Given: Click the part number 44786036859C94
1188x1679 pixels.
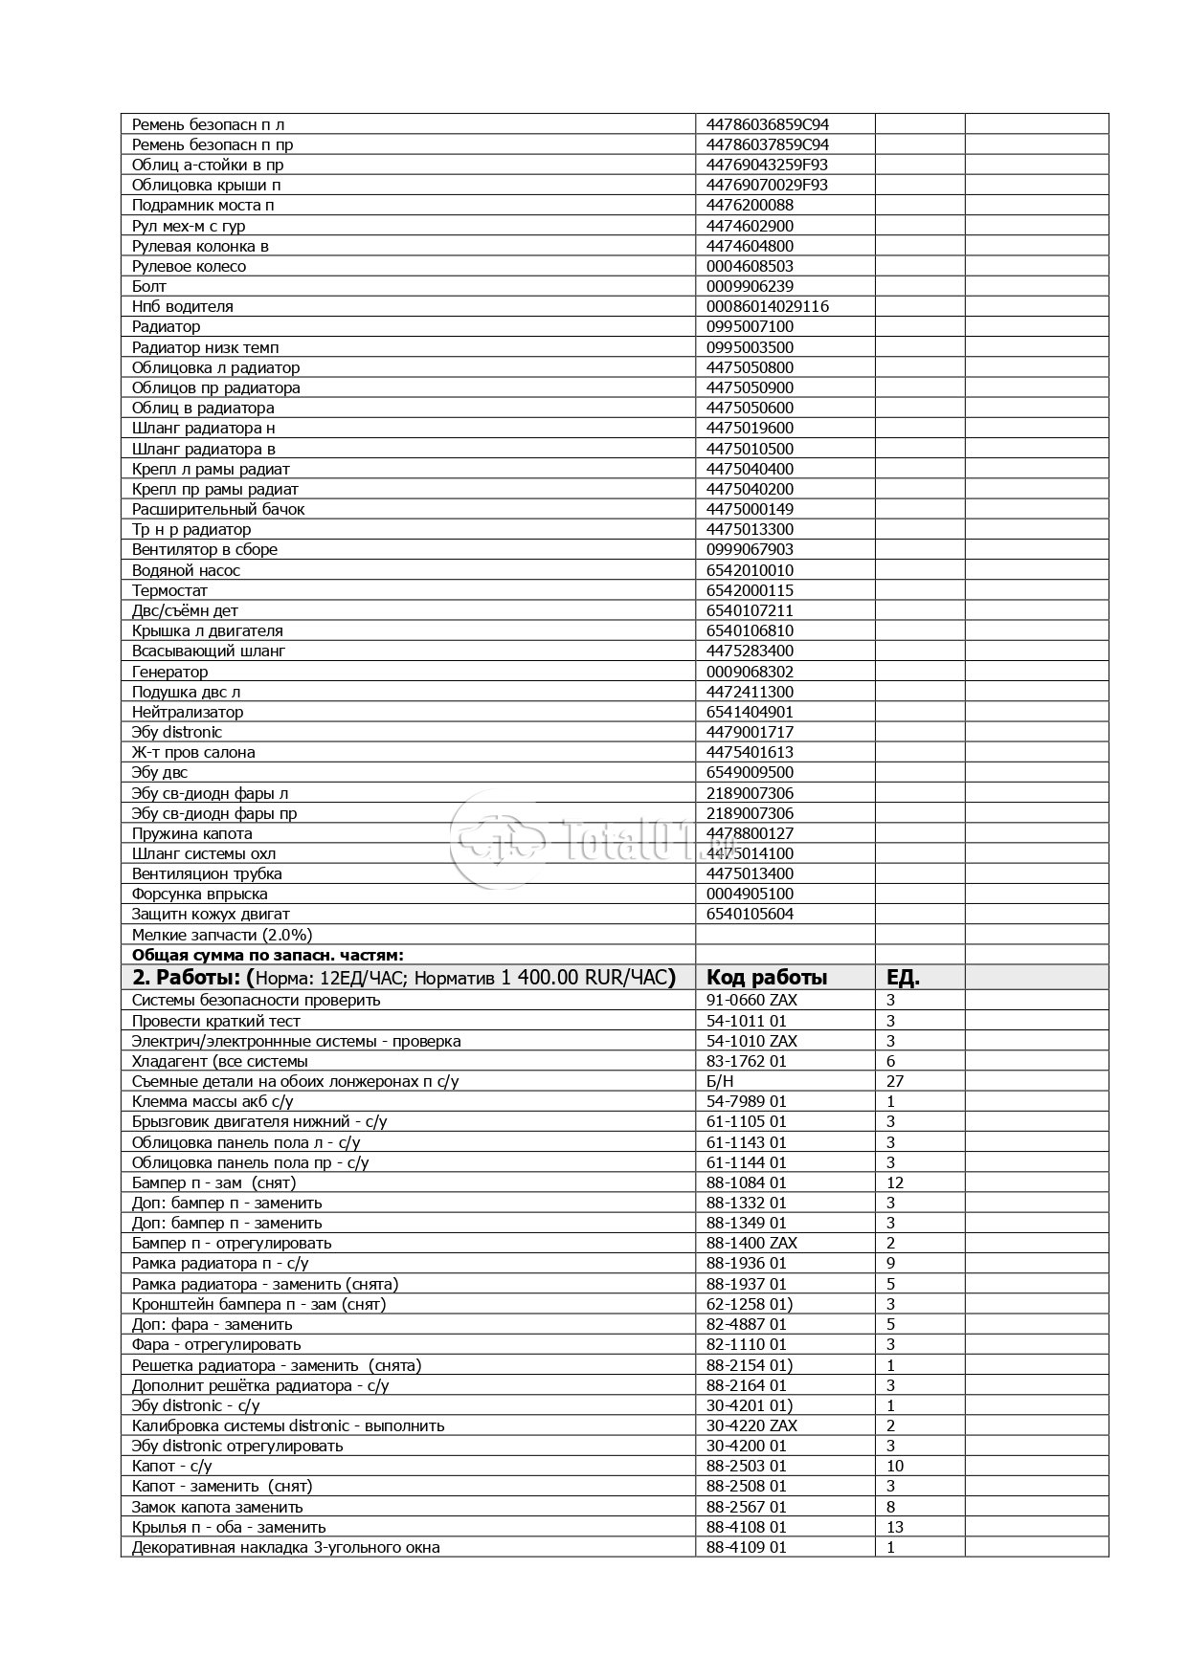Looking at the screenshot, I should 767,124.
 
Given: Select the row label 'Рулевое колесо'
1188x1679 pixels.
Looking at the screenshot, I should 189,266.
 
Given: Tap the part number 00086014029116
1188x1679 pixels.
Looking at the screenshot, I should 767,306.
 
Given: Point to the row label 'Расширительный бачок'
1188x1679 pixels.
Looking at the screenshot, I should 218,509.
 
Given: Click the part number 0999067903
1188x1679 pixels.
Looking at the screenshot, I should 750,549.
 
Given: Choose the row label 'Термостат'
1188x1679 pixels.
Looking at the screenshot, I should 169,590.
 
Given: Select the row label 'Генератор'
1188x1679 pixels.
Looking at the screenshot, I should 169,672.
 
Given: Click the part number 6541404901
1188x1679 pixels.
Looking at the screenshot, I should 750,712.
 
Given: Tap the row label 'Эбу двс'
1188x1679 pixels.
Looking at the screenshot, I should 160,772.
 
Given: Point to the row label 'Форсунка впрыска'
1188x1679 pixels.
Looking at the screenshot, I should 200,894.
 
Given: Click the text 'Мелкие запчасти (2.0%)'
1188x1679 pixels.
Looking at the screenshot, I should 222,935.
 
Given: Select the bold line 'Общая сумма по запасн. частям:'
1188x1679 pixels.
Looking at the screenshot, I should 268,955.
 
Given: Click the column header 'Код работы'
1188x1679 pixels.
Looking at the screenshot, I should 766,977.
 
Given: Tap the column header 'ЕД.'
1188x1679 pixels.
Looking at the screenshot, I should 903,977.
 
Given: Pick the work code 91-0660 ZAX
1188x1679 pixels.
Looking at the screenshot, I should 751,1000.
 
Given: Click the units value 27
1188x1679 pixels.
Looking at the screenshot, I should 895,1081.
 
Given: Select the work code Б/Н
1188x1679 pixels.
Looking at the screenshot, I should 720,1081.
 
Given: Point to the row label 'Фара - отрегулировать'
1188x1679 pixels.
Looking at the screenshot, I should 216,1344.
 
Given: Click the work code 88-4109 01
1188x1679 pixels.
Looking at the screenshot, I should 746,1547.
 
